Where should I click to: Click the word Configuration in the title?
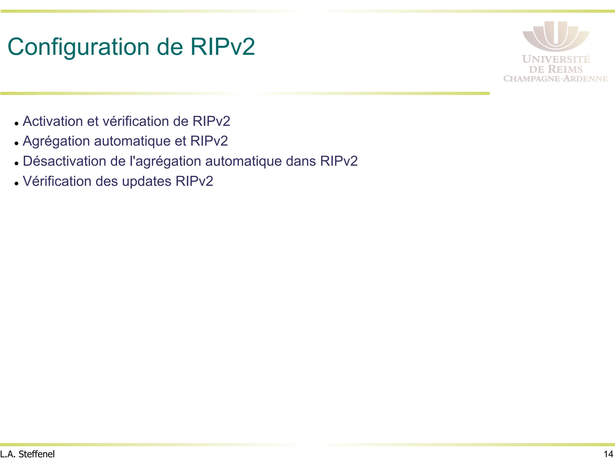78,47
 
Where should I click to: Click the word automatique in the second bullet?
132,141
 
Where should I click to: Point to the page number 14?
608,454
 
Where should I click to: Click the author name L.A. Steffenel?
27,454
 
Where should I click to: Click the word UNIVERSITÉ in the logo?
556,59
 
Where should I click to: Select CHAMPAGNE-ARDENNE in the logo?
556,79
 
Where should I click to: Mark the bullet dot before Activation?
17,123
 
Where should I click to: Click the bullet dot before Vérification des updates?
17,183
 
